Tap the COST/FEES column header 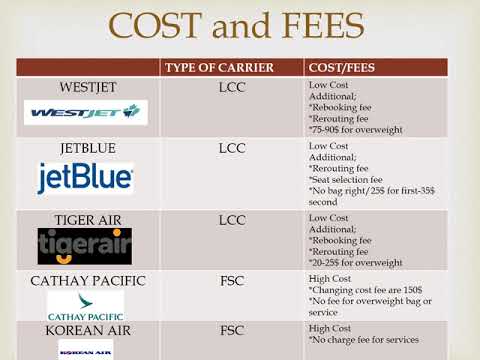pos(341,68)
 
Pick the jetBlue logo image pos(86,178)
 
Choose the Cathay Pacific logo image pos(86,305)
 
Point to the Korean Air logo pos(86,350)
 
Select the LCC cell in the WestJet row pos(232,88)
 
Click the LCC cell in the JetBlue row pos(232,149)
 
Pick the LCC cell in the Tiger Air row pos(232,219)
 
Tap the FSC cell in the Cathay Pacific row pos(232,280)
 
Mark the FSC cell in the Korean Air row pos(232,329)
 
